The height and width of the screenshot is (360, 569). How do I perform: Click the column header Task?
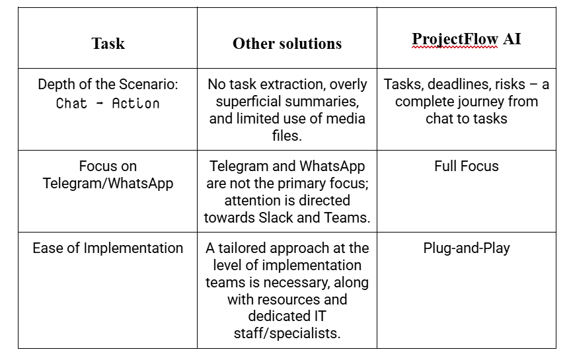pos(108,44)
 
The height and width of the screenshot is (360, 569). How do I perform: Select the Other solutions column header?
pos(287,44)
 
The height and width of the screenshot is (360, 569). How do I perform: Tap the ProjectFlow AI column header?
pos(466,39)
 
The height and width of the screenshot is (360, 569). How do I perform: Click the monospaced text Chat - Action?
pos(108,103)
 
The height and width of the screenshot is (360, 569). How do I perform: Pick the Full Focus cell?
pos(466,166)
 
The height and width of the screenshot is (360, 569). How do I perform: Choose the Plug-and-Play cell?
pos(466,248)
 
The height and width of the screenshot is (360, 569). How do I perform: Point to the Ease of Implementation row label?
pos(108,248)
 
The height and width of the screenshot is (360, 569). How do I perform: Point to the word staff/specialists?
pos(287,333)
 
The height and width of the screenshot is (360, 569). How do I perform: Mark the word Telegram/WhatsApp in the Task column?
pos(108,183)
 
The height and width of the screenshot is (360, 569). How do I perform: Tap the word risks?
pos(515,85)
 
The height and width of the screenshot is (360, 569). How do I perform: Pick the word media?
pos(328,120)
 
